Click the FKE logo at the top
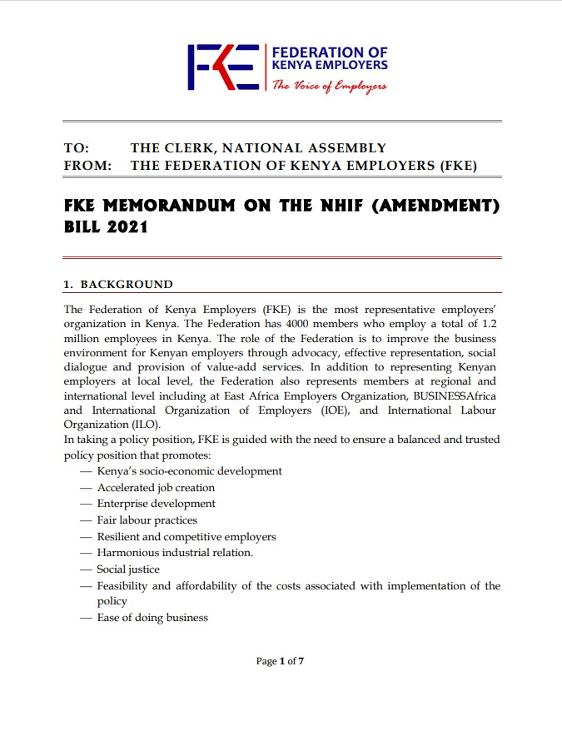222,67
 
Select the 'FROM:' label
87,166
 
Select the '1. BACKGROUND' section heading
118,285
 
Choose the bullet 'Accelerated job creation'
156,488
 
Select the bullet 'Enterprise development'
156,504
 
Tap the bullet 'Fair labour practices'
147,520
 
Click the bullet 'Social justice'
128,569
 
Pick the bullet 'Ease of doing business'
152,618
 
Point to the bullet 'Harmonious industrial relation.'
175,553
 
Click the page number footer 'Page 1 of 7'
281,661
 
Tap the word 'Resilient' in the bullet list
117,537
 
